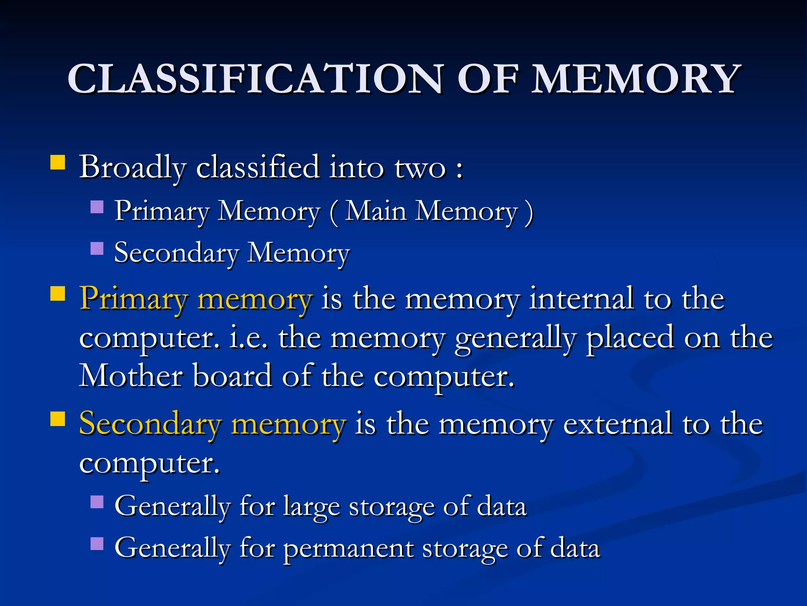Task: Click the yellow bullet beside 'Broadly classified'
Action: pos(58,162)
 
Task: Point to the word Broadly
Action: pos(132,167)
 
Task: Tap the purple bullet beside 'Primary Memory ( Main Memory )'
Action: pos(97,207)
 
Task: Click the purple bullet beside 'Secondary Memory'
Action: pos(97,249)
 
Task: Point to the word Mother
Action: pos(131,376)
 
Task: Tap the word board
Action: pos(232,376)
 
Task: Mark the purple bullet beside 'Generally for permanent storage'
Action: pos(97,544)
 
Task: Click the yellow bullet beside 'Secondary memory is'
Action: pos(58,419)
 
